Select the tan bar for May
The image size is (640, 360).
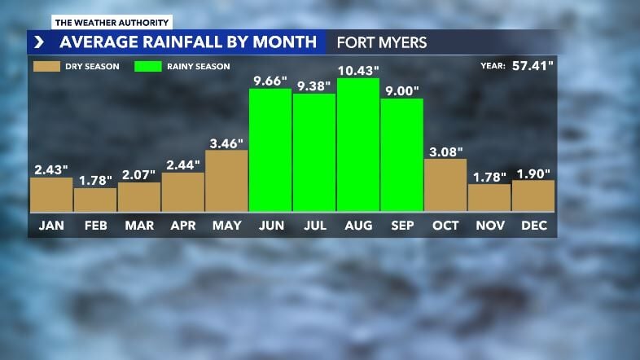[x=226, y=180]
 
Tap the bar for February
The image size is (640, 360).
[x=95, y=200]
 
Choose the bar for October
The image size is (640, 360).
[x=445, y=185]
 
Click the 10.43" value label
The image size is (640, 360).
[x=358, y=71]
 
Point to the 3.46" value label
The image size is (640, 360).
[x=226, y=143]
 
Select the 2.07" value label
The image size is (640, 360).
[x=138, y=174]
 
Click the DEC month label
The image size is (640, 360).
[x=534, y=225]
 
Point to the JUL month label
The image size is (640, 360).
[x=314, y=225]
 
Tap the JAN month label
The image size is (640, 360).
[x=51, y=225]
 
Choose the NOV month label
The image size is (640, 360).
[x=489, y=225]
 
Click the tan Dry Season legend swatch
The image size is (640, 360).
[x=46, y=67]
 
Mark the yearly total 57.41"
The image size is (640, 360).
[x=533, y=66]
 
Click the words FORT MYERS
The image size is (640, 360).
[x=382, y=42]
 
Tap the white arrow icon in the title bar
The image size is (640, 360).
[x=38, y=42]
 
